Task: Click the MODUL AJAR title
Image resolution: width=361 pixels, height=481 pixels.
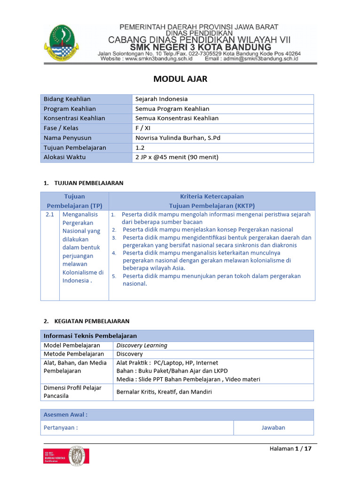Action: [180, 79]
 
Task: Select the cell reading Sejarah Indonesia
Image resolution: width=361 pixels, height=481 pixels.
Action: [161, 99]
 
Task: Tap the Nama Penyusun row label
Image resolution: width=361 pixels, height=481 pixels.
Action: [68, 138]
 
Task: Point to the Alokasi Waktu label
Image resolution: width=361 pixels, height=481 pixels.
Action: [65, 157]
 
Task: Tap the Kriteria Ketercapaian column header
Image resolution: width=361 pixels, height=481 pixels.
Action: [212, 196]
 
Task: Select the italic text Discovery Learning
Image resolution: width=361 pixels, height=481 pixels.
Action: [142, 346]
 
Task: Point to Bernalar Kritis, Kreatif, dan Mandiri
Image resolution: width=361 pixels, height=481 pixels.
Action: [164, 392]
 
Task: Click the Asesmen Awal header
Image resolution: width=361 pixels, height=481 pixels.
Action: [66, 415]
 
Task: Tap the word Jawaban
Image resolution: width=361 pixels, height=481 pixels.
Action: [273, 428]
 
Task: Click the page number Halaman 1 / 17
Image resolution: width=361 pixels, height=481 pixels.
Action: [290, 449]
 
